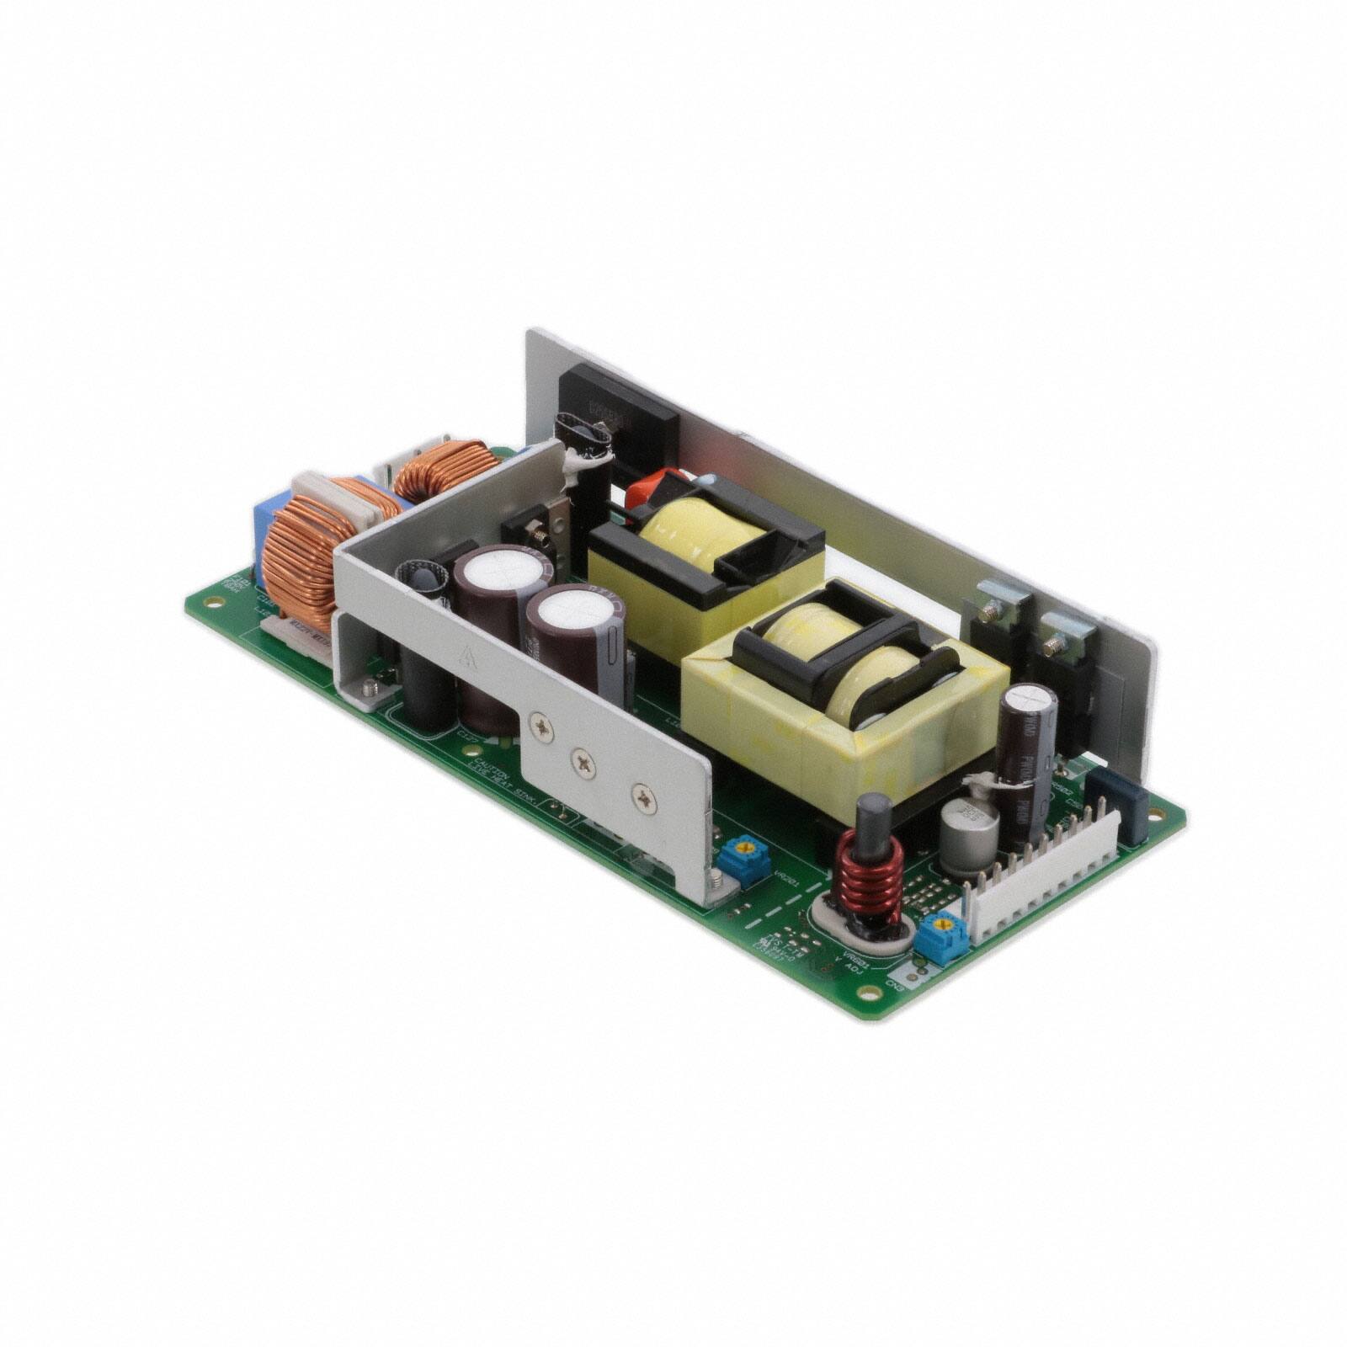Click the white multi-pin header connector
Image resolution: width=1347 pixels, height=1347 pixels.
click(1044, 884)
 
